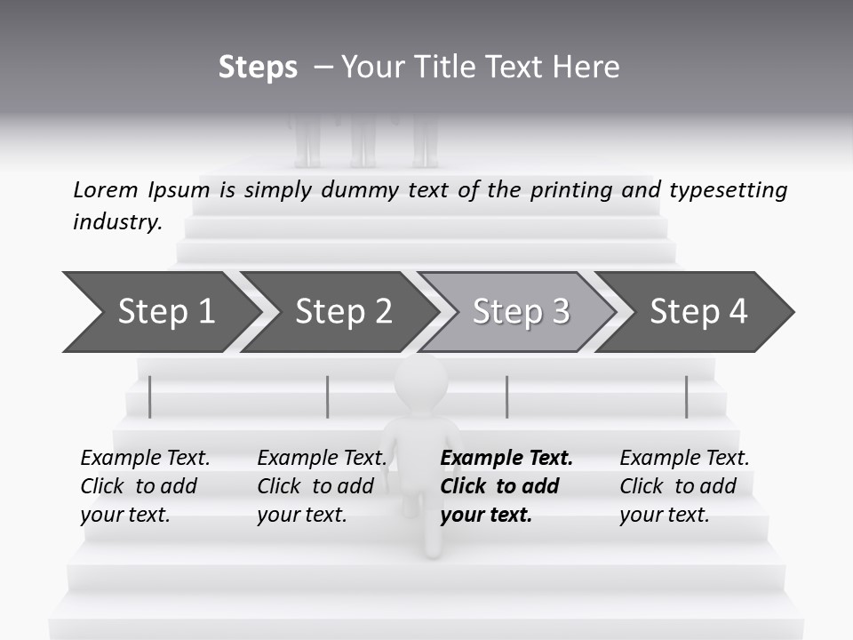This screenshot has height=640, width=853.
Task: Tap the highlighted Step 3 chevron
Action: click(x=520, y=312)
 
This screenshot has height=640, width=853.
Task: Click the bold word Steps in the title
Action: click(x=258, y=68)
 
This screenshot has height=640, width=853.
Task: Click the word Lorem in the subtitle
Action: click(x=106, y=189)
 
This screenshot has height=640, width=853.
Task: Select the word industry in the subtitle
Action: click(x=117, y=222)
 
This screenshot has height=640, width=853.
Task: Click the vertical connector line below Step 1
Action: click(x=150, y=396)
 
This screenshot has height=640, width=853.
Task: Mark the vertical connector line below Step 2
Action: click(x=328, y=396)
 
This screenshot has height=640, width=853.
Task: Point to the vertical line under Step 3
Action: click(x=506, y=396)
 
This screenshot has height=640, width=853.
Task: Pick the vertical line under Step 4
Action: click(x=686, y=396)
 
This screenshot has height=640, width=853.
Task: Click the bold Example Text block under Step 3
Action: click(x=505, y=486)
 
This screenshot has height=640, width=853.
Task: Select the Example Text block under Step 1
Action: click(x=145, y=486)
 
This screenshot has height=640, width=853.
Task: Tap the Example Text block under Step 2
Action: click(x=321, y=486)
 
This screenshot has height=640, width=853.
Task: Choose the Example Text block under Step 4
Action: click(x=683, y=486)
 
